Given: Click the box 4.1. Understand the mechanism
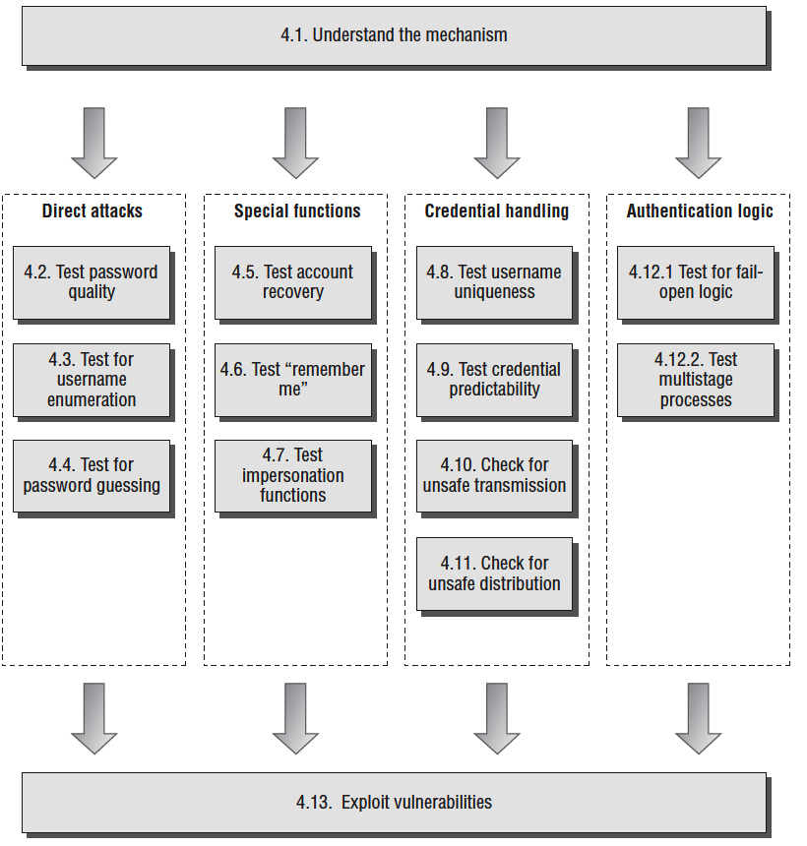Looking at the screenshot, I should pos(394,35).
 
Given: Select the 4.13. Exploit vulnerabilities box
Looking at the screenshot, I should pos(394,802).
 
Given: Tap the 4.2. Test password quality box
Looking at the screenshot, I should pos(92,282).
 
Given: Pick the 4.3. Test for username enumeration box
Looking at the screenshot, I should pos(92,380).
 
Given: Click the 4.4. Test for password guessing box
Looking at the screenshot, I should pos(92,475).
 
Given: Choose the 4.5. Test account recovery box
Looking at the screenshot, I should pos(293,282).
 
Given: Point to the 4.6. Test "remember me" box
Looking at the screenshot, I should pos(293,380).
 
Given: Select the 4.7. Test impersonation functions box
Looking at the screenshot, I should pos(293,475).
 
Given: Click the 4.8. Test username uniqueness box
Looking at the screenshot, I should pos(494,282).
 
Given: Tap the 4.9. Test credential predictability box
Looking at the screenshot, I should pos(494,380).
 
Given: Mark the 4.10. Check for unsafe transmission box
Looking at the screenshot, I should pos(494,475).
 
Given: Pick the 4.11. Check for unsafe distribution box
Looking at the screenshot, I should pos(494,574).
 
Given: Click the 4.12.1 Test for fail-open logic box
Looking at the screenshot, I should pos(696,282).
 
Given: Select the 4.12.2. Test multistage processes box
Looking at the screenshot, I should pos(696,380).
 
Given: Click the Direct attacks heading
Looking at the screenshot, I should pos(93,211).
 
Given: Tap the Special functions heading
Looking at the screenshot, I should pos(297,211).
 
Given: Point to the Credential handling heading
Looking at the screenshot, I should pos(497,211).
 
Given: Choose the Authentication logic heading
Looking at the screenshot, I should pos(700,211).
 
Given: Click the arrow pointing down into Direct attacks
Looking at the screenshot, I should pos(94,144).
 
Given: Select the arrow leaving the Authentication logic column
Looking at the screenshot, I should pos(699,719).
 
